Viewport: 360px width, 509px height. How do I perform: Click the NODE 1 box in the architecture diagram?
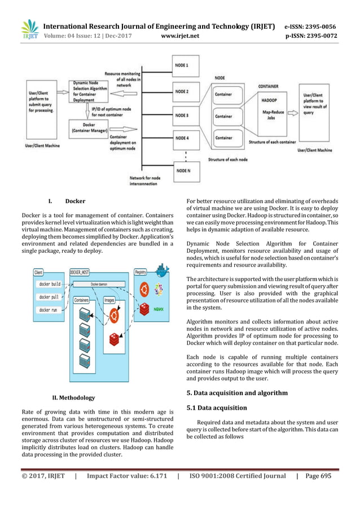click(x=188, y=65)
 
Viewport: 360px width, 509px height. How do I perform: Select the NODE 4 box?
click(x=188, y=138)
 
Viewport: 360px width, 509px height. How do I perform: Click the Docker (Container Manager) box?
click(x=89, y=126)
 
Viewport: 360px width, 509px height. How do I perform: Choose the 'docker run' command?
click(x=50, y=310)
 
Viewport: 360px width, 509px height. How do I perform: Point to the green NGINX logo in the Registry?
click(x=160, y=309)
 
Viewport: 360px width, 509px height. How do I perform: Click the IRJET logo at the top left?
click(x=29, y=31)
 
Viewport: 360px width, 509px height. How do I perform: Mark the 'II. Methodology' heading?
click(x=73, y=397)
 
